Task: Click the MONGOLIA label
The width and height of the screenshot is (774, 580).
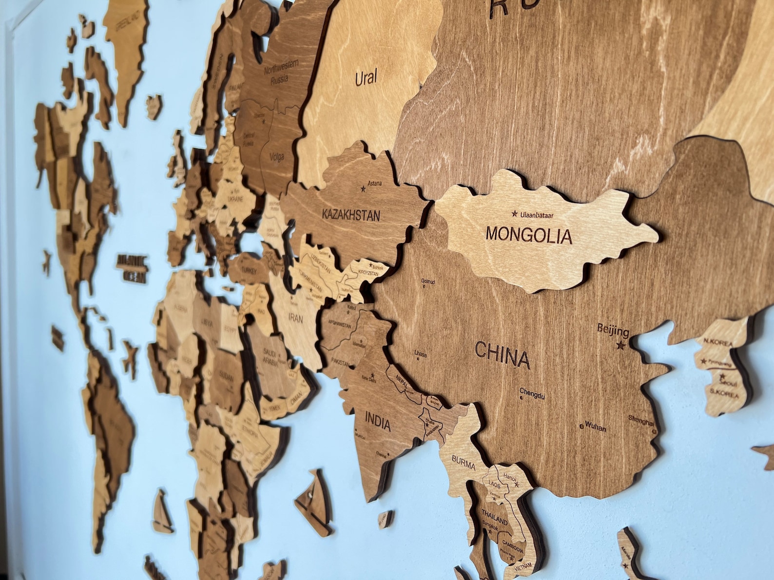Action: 528,235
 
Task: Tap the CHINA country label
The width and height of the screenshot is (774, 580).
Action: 502,355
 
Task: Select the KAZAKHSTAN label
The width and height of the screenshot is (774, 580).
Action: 350,215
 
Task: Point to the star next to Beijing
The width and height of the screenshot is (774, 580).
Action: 620,346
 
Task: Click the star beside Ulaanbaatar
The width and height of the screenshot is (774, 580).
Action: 514,213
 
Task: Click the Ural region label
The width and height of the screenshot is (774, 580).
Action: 366,78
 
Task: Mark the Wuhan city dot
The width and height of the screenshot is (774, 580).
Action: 582,426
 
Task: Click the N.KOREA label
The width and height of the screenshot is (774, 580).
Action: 718,342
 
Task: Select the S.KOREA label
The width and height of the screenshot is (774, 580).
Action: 724,393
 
